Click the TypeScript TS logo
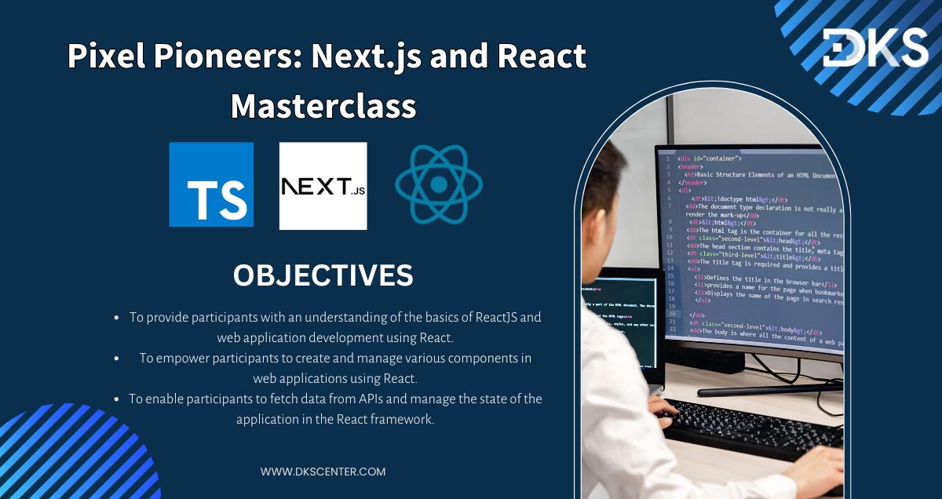[x=211, y=184]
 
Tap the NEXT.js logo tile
[x=323, y=186]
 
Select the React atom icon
[x=438, y=184]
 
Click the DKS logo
[x=874, y=47]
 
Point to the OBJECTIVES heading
[x=323, y=275]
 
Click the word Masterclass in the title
[x=323, y=105]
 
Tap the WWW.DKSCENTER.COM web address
[x=323, y=472]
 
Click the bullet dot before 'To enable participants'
[x=117, y=399]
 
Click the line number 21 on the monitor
[x=670, y=322]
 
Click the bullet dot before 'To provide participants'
[x=117, y=318]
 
